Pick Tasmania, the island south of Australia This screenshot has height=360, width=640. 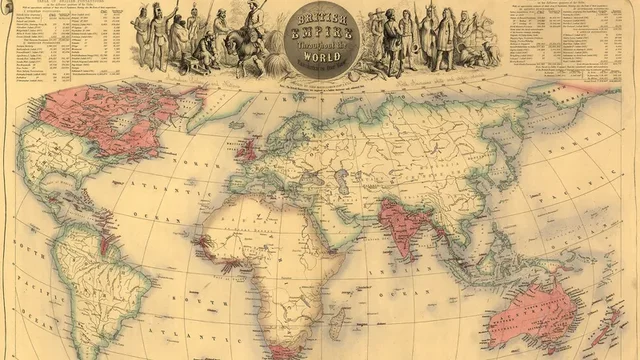556,349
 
